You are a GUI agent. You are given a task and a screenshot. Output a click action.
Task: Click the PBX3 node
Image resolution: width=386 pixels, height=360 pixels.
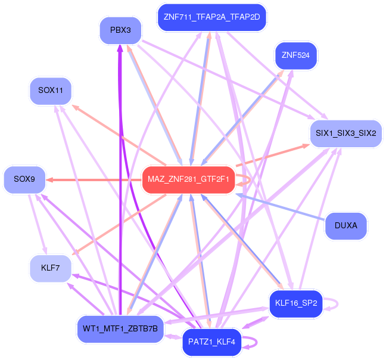pyautogui.click(x=120, y=30)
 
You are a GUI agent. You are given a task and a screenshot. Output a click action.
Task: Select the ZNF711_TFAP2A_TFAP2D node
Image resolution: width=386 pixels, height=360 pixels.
pyautogui.click(x=211, y=17)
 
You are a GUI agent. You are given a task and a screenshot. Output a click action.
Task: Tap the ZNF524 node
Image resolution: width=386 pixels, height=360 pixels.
pyautogui.click(x=296, y=55)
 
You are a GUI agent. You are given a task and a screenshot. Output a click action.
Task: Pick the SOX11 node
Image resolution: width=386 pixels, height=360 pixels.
pyautogui.click(x=51, y=91)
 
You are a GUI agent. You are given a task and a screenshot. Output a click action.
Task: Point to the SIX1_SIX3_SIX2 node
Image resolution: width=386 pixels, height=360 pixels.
pyautogui.click(x=345, y=133)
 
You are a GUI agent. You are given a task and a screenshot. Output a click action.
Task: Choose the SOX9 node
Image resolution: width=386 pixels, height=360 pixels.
pyautogui.click(x=24, y=179)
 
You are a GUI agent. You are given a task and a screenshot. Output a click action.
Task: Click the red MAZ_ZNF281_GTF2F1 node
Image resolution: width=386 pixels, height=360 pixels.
pyautogui.click(x=188, y=179)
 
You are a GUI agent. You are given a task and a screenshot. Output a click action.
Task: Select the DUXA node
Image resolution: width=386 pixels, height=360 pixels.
pyautogui.click(x=345, y=226)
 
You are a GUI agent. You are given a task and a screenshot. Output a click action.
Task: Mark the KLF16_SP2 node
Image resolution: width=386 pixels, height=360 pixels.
pyautogui.click(x=296, y=304)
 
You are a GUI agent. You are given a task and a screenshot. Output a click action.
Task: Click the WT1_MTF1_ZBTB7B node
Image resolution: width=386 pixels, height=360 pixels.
pyautogui.click(x=120, y=328)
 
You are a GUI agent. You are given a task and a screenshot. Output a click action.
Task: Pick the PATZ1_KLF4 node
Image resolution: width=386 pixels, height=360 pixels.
pyautogui.click(x=212, y=342)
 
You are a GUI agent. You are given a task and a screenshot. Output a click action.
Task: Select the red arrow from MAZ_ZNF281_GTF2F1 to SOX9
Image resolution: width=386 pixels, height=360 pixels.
pyautogui.click(x=95, y=179)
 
